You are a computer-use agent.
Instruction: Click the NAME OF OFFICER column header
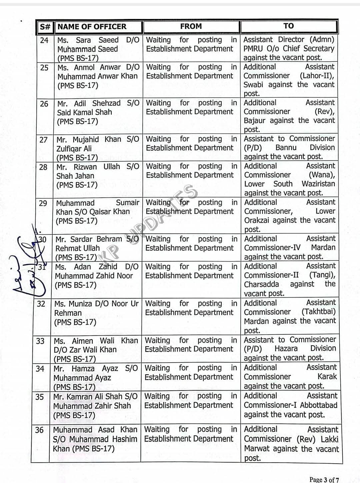pyautogui.click(x=92, y=27)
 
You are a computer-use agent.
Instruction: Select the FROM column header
pyautogui.click(x=191, y=26)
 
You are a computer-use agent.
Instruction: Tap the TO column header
pyautogui.click(x=289, y=26)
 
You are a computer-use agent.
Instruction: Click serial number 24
pyautogui.click(x=44, y=40)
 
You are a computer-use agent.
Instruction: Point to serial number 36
pyautogui.click(x=39, y=430)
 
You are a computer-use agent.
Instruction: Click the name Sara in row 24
pyautogui.click(x=83, y=40)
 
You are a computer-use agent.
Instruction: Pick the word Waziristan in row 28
pyautogui.click(x=318, y=184)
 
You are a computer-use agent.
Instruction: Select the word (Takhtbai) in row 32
pyautogui.click(x=318, y=312)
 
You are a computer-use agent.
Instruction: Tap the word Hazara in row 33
pyautogui.click(x=286, y=349)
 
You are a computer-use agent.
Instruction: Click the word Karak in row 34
pyautogui.click(x=327, y=377)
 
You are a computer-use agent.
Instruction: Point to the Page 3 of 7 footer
pyautogui.click(x=324, y=480)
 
